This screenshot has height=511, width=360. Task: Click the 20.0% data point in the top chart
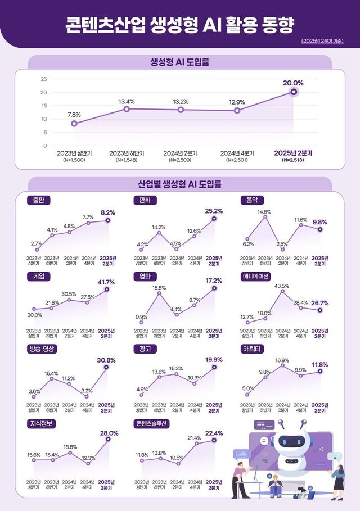[x=294, y=92]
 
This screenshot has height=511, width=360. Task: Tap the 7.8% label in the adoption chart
[x=74, y=115]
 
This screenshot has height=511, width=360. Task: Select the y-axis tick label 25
[x=44, y=79]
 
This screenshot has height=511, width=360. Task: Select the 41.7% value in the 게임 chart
[x=107, y=282]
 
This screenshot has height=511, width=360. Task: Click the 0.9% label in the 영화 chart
[x=141, y=317]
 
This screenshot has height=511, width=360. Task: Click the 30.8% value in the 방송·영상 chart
[x=107, y=360]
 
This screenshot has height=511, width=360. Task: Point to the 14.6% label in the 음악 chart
[x=264, y=212]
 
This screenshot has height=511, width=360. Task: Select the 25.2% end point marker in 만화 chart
[x=214, y=219]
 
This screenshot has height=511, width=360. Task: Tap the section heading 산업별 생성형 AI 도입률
[x=179, y=184]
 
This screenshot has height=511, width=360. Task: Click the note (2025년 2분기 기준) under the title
[x=322, y=41]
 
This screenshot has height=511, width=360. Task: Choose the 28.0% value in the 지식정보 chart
[x=109, y=433]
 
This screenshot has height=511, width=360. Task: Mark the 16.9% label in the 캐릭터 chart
[x=282, y=360]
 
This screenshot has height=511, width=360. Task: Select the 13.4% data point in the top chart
[x=127, y=109]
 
